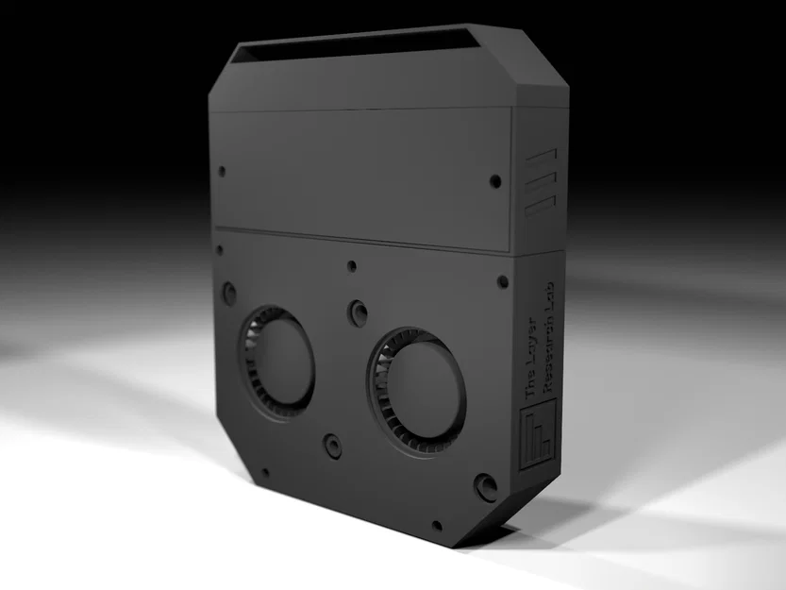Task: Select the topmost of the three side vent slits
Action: [541, 158]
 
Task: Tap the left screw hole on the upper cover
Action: [222, 173]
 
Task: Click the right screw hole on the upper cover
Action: [495, 180]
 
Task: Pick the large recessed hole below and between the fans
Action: [332, 446]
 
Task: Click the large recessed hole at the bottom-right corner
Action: [486, 487]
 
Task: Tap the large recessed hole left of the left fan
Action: [228, 293]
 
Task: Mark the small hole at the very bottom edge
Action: [436, 526]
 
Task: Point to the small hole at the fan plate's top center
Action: [351, 266]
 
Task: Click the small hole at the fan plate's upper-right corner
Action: [502, 281]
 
